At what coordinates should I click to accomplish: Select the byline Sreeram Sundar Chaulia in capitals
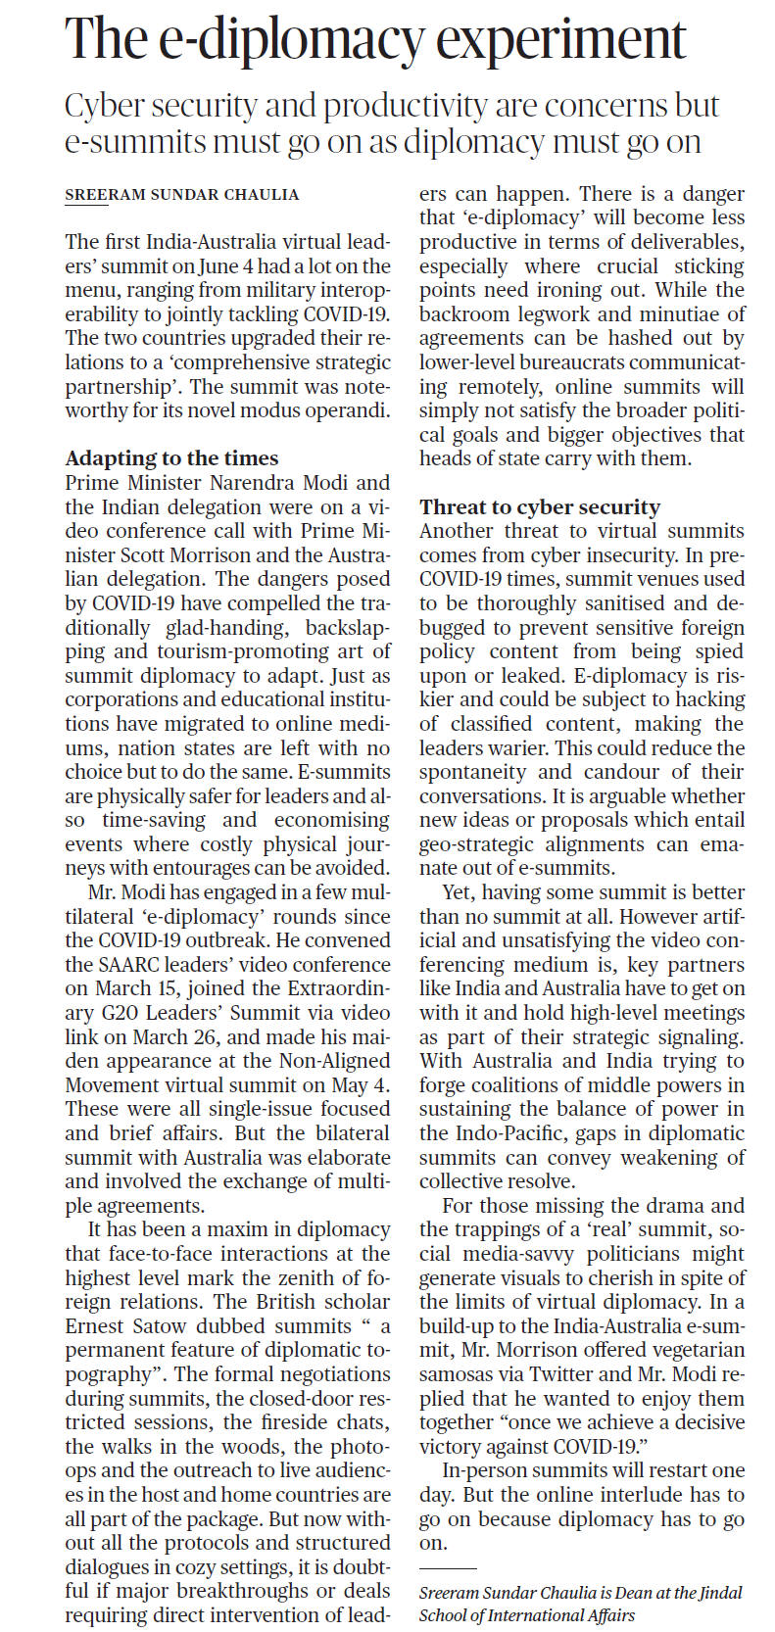(182, 195)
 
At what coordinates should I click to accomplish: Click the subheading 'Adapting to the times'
(171, 458)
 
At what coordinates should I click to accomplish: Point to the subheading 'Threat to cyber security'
(540, 506)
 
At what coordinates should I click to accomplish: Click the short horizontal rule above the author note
(447, 1569)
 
